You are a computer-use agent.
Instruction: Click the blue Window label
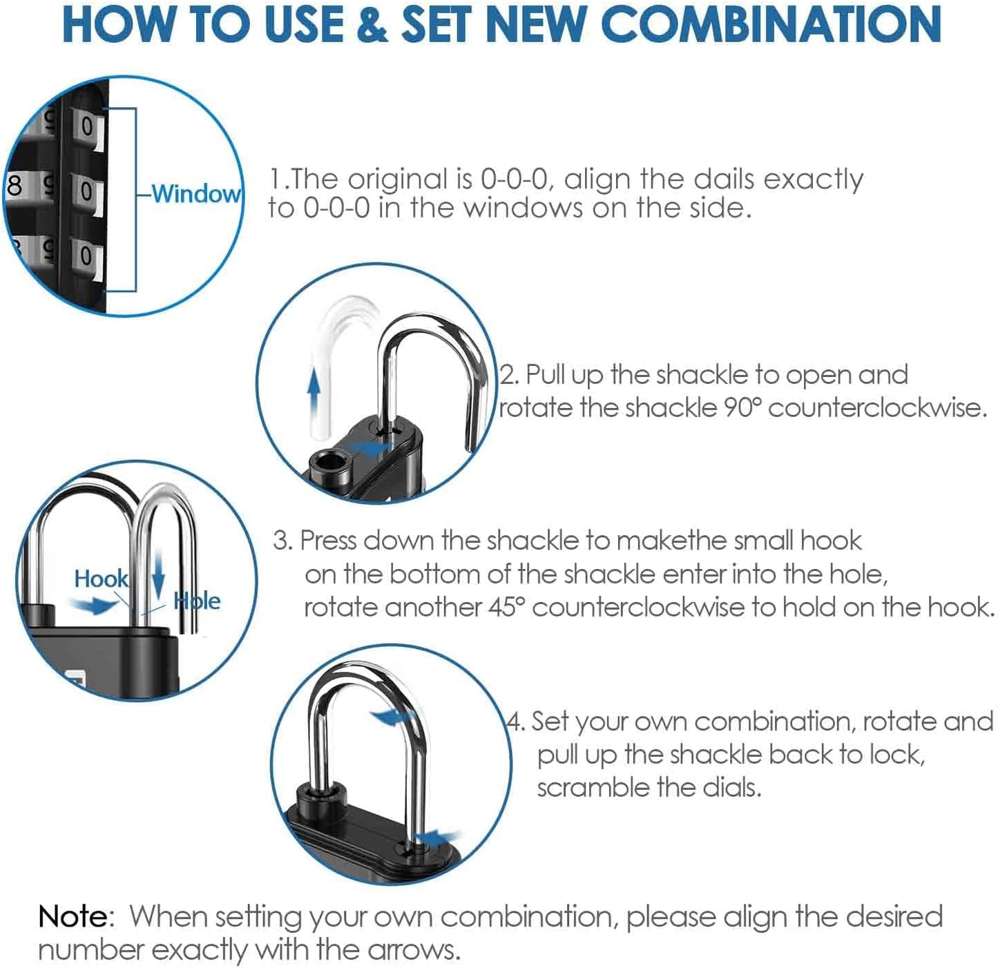[x=196, y=193]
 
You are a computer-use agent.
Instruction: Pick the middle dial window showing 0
[x=87, y=192]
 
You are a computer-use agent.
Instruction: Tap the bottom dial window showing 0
[x=87, y=256]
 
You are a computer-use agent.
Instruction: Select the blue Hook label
[x=101, y=579]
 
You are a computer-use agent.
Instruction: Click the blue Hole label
[x=198, y=601]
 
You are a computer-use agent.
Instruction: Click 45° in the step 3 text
[x=508, y=607]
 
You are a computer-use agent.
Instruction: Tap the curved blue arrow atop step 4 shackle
[x=394, y=718]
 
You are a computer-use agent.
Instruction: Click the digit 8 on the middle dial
[x=14, y=186]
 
